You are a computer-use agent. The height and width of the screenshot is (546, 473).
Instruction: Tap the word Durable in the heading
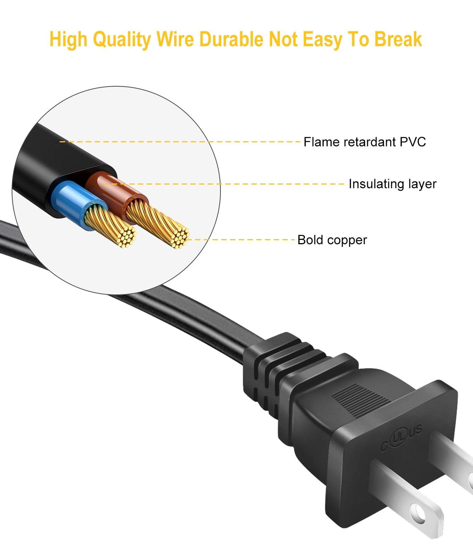230,39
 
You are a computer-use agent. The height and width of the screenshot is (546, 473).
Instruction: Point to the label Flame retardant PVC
365,142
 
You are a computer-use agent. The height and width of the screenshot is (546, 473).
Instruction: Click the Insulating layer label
392,184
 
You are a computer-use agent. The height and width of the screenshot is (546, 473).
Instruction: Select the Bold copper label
332,240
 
